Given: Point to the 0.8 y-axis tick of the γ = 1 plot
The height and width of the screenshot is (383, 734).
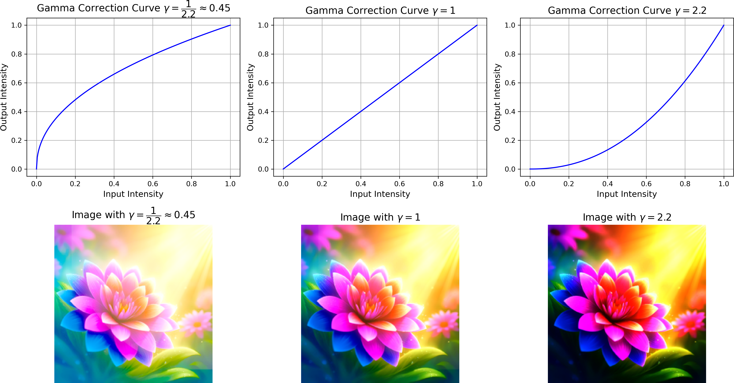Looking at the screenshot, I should (263, 54).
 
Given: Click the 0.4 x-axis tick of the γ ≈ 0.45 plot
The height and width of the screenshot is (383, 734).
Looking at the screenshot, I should (114, 184).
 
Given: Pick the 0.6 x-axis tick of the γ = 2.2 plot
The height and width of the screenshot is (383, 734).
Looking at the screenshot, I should (646, 184).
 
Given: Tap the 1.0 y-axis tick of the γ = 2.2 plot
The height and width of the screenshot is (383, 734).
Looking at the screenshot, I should (510, 25).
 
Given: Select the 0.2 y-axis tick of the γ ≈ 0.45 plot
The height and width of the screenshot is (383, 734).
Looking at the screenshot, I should (16, 140).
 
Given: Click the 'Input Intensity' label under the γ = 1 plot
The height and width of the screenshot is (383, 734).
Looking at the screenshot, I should (380, 194).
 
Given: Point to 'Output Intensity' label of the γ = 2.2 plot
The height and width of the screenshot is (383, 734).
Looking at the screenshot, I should (497, 97).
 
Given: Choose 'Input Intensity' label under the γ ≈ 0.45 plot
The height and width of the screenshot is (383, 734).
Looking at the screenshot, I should (133, 194).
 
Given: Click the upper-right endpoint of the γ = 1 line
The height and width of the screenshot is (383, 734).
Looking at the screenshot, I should (477, 25).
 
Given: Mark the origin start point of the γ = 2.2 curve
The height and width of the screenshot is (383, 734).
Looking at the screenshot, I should (530, 169).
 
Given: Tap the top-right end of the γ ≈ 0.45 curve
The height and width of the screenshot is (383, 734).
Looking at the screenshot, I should (230, 25).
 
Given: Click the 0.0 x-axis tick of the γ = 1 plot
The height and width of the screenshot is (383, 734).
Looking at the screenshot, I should (283, 184).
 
